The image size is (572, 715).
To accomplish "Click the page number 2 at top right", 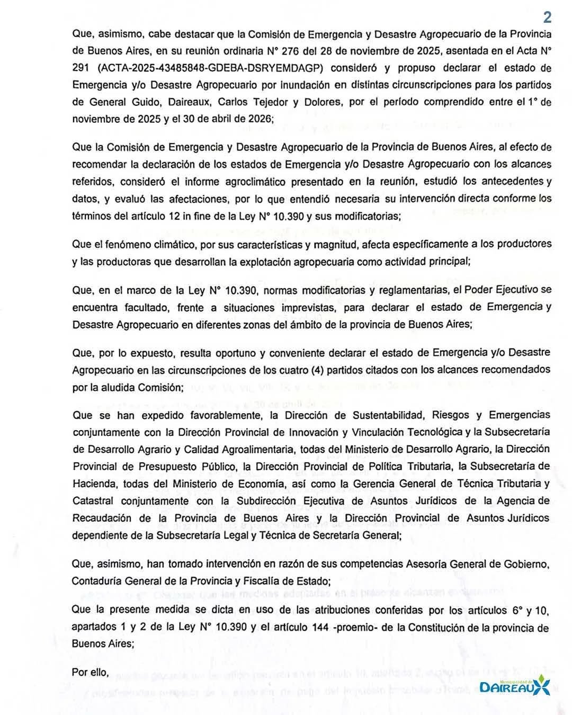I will click(x=547, y=17).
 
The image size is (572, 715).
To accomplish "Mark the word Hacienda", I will click(x=93, y=483).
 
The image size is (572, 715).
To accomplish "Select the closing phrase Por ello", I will click(x=91, y=672).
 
